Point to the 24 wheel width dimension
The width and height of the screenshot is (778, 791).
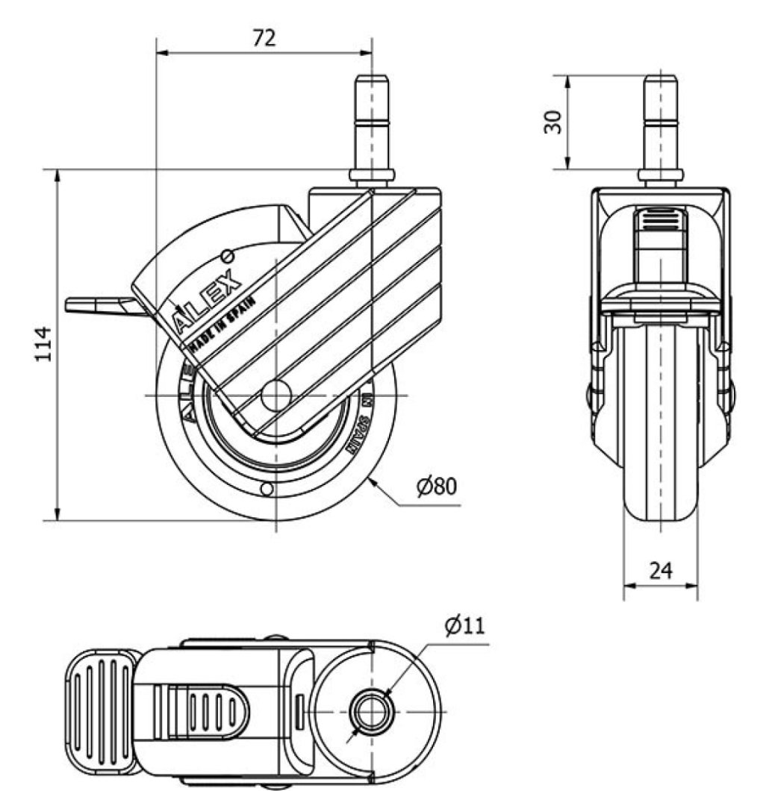(x=660, y=571)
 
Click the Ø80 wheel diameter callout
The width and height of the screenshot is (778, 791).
(x=436, y=487)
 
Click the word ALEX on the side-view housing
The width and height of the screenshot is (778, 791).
(x=208, y=302)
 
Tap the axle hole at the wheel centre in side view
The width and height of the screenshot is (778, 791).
(x=276, y=395)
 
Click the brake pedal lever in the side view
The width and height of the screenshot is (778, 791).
(x=97, y=305)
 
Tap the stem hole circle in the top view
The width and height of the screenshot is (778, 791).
(x=371, y=710)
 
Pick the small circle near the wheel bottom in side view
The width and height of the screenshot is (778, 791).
(x=266, y=489)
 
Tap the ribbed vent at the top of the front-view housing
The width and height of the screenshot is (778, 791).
(x=660, y=222)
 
